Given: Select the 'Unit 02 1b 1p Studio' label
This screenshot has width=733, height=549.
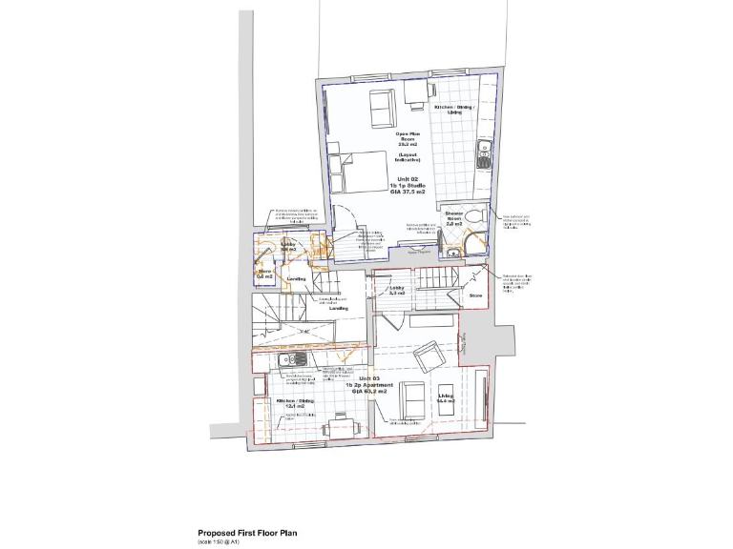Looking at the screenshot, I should [408, 184].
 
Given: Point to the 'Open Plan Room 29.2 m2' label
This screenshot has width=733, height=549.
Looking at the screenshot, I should [408, 139].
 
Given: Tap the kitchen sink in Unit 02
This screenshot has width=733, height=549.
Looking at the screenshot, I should [482, 152].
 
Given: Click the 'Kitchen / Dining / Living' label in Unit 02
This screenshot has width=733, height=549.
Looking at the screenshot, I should [455, 111].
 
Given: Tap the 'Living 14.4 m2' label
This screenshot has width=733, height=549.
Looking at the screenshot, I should [446, 397].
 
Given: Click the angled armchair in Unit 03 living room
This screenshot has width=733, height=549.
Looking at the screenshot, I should [427, 358].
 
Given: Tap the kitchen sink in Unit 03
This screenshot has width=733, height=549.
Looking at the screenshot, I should [287, 359].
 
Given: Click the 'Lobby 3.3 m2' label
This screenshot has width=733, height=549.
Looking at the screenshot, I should [397, 290].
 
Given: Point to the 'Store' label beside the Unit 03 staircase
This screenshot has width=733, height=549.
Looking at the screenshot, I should [476, 296].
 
